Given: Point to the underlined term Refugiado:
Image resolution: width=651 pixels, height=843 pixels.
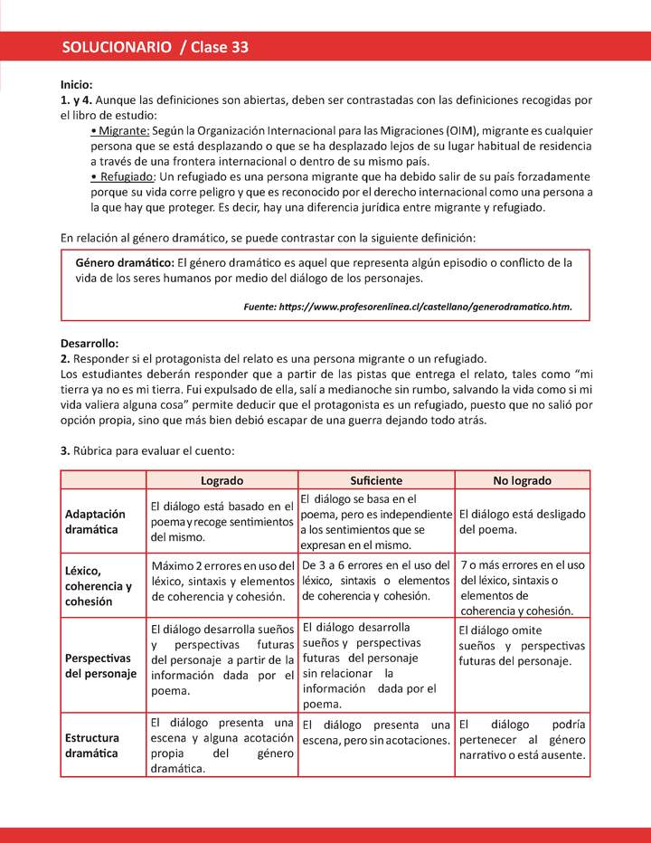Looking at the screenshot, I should tap(127, 176).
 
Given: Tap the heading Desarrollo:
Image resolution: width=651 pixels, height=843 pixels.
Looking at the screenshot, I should tap(90, 343).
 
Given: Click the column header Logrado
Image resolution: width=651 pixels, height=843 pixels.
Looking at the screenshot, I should tap(222, 480).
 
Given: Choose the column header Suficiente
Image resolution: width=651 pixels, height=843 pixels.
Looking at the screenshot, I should tap(376, 480).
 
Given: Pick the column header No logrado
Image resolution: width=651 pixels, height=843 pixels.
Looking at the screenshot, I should tap(522, 480).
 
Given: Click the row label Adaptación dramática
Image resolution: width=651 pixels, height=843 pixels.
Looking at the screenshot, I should tap(95, 521).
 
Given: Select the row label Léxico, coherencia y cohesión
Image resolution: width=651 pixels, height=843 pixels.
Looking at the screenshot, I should tap(99, 585).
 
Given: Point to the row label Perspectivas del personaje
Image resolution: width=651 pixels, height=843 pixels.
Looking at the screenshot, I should tap(100, 665).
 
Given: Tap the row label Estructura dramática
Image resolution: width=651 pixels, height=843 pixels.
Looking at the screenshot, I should tap(92, 744).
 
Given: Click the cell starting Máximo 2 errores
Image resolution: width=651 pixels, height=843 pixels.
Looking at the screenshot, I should tap(222, 581).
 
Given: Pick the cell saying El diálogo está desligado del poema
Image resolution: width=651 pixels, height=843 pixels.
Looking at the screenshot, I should tap(522, 521).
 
